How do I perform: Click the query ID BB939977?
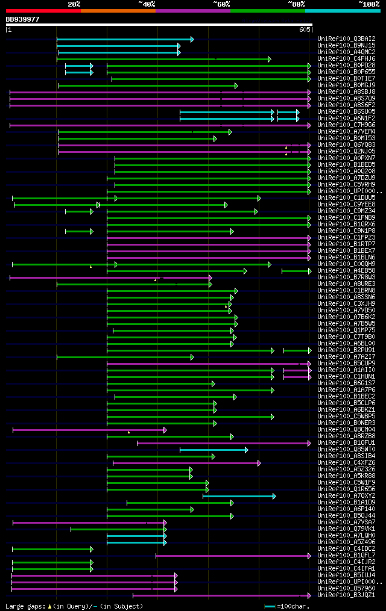coord(23,19)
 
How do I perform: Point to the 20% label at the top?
coord(74,4)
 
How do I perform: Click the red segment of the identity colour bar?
coord(43,10)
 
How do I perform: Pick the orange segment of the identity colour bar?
coord(118,10)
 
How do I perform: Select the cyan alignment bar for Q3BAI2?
coord(124,39)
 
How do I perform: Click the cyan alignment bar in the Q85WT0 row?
coord(213,450)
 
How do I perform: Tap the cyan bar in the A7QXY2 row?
coord(239,496)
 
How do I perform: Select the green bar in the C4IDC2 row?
coord(52,549)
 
